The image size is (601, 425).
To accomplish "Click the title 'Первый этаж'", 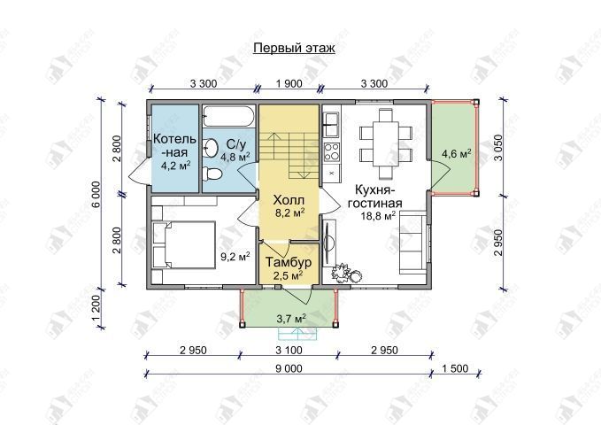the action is coord(294,49).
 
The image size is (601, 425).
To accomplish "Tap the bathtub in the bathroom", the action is coord(229,116).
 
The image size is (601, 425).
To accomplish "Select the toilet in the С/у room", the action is coord(212,174).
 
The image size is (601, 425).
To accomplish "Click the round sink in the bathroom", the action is coord(210,148).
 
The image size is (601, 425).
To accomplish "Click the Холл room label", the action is coord(289,200).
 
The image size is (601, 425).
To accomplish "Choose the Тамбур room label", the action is coord(289,263).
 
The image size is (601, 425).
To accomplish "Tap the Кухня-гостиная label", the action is coord(374,196).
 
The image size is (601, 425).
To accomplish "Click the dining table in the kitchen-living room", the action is coord(386,143).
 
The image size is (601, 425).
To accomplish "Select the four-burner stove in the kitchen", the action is coord(332,152).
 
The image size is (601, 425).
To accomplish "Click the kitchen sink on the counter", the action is coord(331,124).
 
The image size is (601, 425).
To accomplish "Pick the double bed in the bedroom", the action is coord(183,244).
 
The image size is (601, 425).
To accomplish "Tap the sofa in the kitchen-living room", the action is coord(413,244).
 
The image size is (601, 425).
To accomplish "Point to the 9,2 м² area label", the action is coord(235,256).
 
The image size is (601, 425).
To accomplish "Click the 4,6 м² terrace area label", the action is coord(457,154).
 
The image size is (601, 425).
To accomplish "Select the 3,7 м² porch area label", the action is coord(291,318).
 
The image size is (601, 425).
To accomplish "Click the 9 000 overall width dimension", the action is coord(289,368).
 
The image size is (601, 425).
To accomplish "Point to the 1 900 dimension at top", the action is coord(289,83).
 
